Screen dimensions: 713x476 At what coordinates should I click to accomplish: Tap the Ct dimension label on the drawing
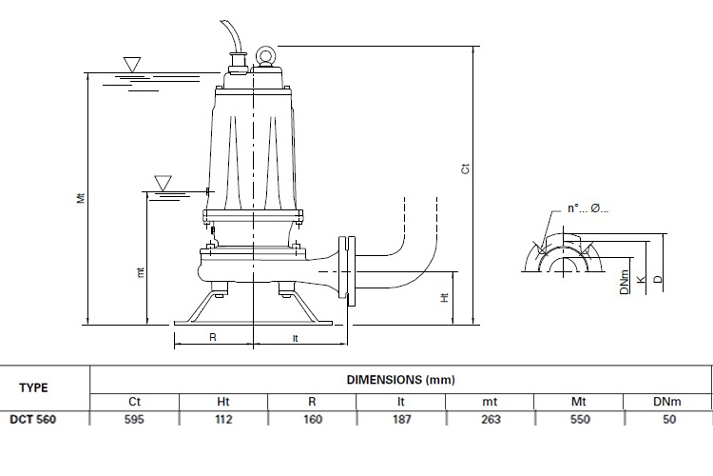pyautogui.click(x=465, y=169)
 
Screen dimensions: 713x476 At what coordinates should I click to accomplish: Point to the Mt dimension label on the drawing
pyautogui.click(x=81, y=198)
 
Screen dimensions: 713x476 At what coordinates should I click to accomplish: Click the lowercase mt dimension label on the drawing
pyautogui.click(x=140, y=272)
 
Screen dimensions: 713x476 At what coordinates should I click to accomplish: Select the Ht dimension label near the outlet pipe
pyautogui.click(x=444, y=297)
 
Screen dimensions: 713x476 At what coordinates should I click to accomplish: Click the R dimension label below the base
pyautogui.click(x=213, y=337)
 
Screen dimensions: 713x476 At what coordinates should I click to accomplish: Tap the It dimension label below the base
pyautogui.click(x=295, y=339)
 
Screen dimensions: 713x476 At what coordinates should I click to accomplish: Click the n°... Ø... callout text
pyautogui.click(x=588, y=208)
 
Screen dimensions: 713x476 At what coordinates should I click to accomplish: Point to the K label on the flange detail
pyautogui.click(x=641, y=280)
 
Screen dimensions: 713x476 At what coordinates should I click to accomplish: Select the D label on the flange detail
pyautogui.click(x=658, y=279)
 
